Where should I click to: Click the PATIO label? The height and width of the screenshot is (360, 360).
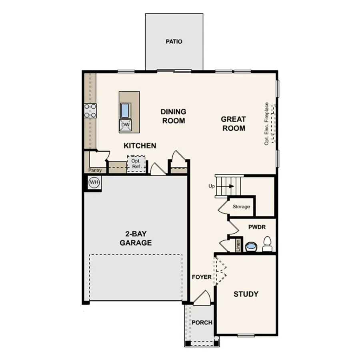(174, 41)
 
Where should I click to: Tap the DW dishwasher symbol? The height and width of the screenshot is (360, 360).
(126, 125)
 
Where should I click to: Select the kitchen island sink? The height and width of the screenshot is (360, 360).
(126, 109)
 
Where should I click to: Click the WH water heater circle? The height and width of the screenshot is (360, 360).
(94, 182)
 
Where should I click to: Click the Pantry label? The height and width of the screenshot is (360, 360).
(95, 170)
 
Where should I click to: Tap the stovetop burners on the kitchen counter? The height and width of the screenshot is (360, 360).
(90, 110)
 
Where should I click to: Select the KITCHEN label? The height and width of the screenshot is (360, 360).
(140, 146)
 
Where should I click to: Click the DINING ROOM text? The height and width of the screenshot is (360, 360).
(173, 116)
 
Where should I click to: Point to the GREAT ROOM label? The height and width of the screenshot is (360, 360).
(233, 124)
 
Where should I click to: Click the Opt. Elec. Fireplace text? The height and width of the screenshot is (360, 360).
(267, 123)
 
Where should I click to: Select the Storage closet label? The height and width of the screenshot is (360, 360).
(241, 207)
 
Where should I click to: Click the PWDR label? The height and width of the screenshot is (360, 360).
(257, 227)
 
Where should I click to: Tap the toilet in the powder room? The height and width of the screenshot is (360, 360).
(267, 244)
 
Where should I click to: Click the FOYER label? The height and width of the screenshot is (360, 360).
(202, 277)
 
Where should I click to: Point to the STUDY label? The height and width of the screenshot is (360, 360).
(246, 294)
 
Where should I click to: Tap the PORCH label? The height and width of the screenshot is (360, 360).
(202, 322)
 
